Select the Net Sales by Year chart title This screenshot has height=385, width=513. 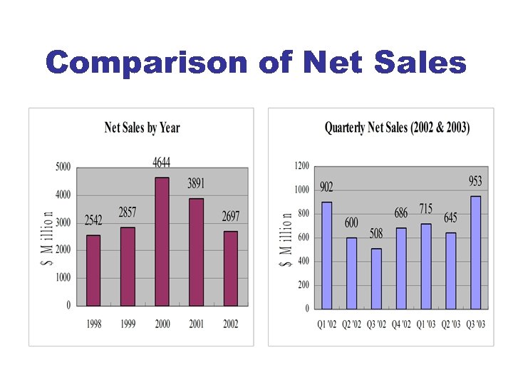point(142,128)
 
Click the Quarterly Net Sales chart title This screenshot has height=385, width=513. point(397,128)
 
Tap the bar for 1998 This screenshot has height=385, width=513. point(93,269)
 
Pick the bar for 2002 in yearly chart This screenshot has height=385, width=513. point(230,267)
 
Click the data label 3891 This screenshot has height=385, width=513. point(196,184)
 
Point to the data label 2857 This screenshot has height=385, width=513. point(128,212)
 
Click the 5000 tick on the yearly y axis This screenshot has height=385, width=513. point(63,167)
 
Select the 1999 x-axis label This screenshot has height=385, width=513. point(128,324)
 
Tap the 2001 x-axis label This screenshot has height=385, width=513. point(196,324)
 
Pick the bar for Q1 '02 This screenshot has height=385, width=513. point(326,255)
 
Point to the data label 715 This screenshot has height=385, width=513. point(425,209)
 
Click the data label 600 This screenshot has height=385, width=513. point(351,222)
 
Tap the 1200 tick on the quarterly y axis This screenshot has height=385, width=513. point(301,166)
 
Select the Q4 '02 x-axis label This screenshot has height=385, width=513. point(400,325)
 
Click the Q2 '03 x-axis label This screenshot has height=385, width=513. point(450,325)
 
